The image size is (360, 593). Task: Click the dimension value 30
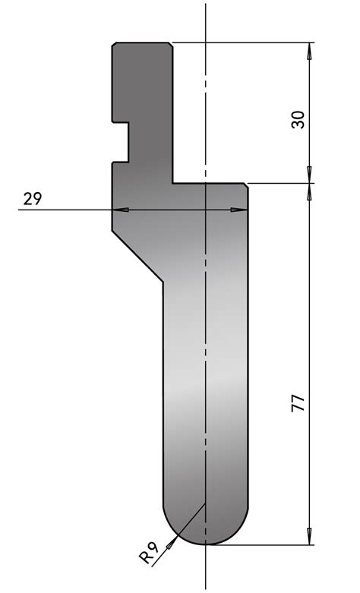[298, 119]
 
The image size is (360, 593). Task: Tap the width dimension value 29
[32, 199]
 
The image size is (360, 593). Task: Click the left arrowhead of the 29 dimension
[119, 210]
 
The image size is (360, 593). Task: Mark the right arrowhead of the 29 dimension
[242, 210]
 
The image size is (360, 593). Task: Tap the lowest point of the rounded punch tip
[207, 544]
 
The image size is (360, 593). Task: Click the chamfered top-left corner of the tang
[114, 45]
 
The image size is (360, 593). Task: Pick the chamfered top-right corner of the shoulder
[246, 185]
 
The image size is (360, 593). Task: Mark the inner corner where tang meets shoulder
[173, 182]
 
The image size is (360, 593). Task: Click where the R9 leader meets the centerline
[206, 503]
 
